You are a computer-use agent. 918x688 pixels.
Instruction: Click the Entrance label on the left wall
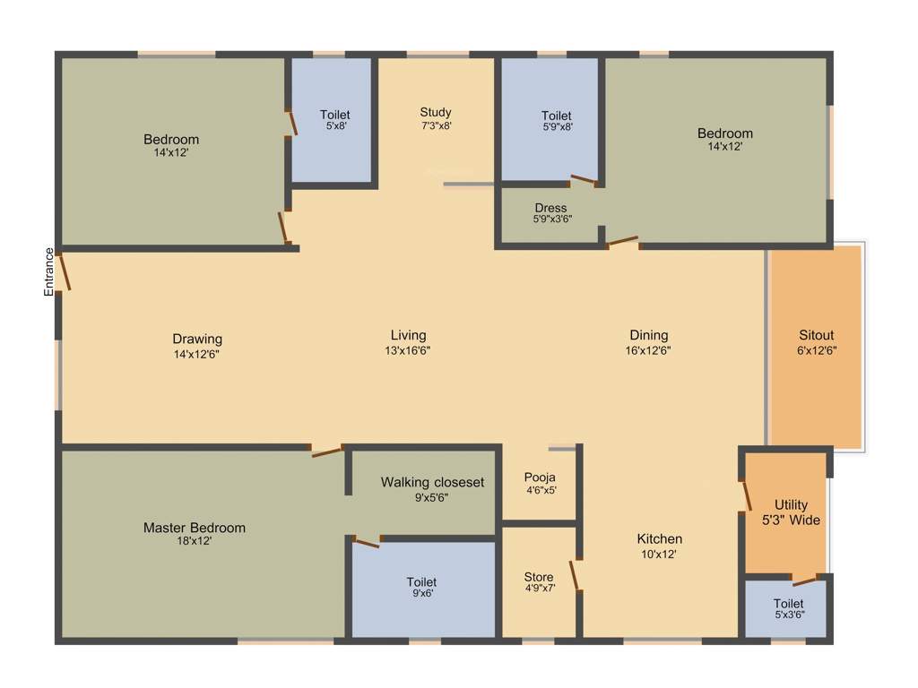click(x=49, y=271)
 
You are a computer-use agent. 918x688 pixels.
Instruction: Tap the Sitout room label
click(x=817, y=336)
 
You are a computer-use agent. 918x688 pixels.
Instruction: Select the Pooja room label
click(x=540, y=477)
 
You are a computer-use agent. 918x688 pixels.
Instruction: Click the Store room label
click(x=539, y=577)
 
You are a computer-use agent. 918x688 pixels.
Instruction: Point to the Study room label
click(x=436, y=112)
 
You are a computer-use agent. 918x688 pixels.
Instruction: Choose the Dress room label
click(x=550, y=208)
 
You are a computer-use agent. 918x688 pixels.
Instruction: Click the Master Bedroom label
click(x=194, y=528)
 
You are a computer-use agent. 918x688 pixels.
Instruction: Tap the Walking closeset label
click(x=432, y=482)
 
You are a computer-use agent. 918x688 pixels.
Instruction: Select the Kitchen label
click(x=660, y=538)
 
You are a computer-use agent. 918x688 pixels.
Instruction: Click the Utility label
click(x=792, y=505)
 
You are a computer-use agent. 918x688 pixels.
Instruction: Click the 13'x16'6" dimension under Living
click(x=408, y=350)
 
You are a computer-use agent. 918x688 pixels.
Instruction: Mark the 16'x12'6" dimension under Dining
click(x=648, y=350)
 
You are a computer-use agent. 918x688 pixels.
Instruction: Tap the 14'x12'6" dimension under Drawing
click(x=196, y=354)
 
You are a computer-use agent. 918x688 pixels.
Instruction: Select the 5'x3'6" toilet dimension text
click(x=789, y=615)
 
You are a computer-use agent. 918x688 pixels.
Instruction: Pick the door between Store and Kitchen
click(x=577, y=576)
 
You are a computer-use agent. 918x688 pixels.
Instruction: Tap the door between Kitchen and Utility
click(x=745, y=497)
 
